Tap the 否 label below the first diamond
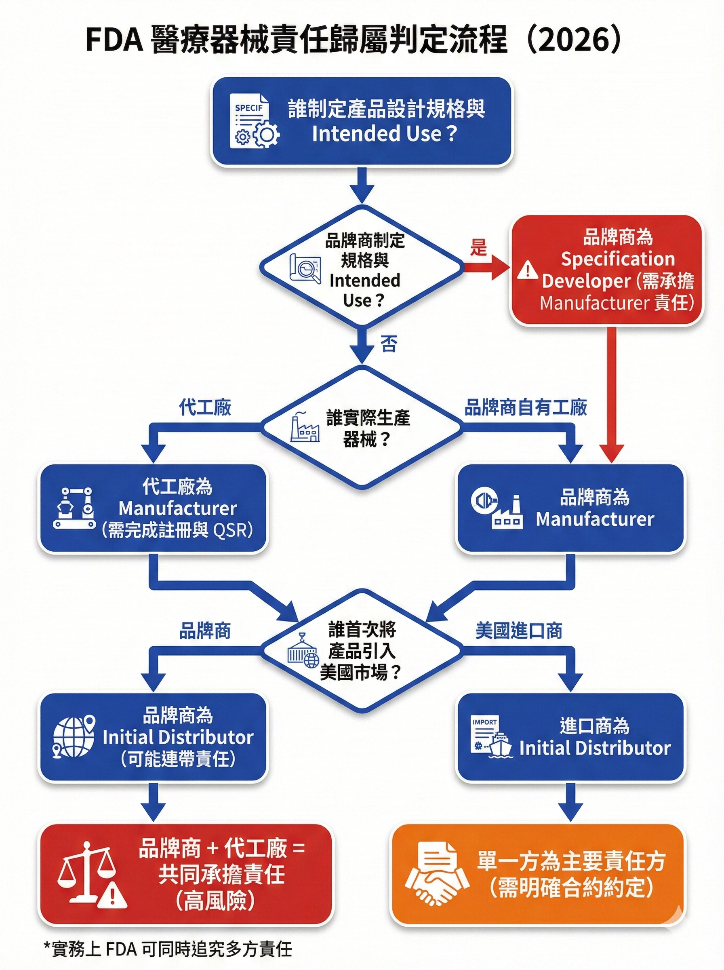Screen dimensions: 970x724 pos(389,343)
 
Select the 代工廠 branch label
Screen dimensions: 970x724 pos(205,408)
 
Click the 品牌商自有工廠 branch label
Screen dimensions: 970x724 pos(526,408)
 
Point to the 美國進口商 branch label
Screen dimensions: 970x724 pos(519,631)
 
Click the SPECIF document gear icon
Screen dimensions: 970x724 pos(255,125)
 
